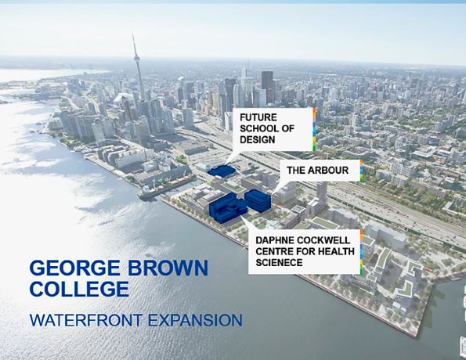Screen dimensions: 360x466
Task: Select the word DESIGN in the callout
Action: [x=259, y=141]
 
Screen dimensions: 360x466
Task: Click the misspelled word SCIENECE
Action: [x=284, y=262]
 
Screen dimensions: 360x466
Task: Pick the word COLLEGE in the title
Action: [x=78, y=289]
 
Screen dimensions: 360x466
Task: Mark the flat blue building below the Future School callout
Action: [x=222, y=171]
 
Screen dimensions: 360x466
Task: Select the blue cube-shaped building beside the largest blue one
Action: [x=258, y=200]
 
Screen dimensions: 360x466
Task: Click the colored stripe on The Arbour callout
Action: [x=362, y=171]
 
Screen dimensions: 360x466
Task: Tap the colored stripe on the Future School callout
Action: [x=313, y=129]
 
